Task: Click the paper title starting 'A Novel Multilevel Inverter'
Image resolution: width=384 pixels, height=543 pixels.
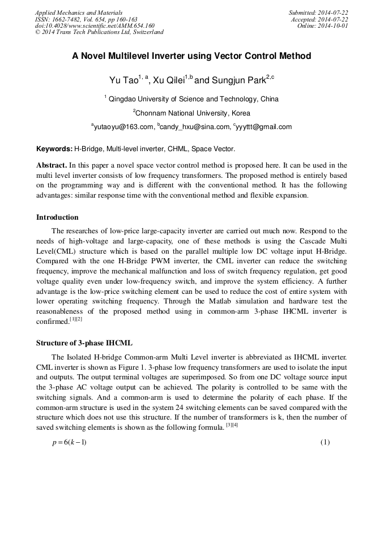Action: pos(191,57)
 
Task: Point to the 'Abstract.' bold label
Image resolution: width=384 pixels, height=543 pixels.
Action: pos(52,165)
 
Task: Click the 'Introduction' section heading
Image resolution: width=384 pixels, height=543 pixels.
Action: pos(57,217)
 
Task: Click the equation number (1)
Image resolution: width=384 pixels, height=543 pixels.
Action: pos(325,442)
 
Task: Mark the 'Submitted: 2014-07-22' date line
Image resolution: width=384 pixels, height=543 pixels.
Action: pos(318,12)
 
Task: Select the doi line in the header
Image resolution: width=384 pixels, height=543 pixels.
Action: pos(95,26)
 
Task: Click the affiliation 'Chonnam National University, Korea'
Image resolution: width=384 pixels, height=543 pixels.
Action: pos(191,113)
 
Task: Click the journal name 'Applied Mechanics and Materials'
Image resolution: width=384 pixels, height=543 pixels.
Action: pos(79,12)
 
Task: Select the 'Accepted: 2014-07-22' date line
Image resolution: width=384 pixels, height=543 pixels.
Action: pos(320,19)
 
